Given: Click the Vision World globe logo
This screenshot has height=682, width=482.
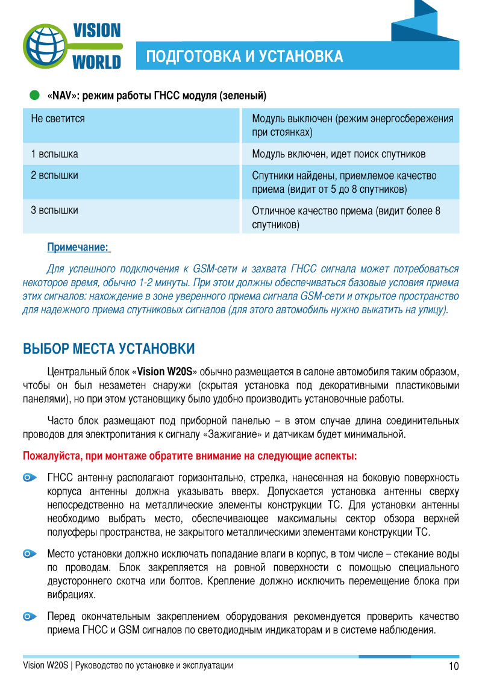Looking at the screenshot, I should coord(48,46).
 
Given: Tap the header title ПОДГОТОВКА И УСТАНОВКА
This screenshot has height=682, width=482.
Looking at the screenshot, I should coord(245,57).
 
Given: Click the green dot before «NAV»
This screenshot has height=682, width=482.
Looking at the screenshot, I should coord(35,95).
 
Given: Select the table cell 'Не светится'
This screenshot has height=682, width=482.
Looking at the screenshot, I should coord(58,119).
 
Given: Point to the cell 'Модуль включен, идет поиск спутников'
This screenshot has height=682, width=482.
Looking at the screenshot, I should coord(339,154).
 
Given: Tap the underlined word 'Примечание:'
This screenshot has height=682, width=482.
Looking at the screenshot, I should coord(78,247).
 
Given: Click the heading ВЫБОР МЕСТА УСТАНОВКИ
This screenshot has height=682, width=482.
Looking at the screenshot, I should coord(108,349).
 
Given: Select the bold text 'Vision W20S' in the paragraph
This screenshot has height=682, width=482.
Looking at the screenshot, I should coord(164,371).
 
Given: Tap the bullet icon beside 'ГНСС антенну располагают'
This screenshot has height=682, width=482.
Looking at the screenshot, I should coord(30,478).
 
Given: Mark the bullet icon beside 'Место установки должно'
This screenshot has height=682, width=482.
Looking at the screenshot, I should coord(30,553).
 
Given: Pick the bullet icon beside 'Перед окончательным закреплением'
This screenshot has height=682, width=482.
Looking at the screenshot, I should coord(30,616).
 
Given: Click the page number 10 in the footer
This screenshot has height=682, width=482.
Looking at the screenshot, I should coord(453,666).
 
